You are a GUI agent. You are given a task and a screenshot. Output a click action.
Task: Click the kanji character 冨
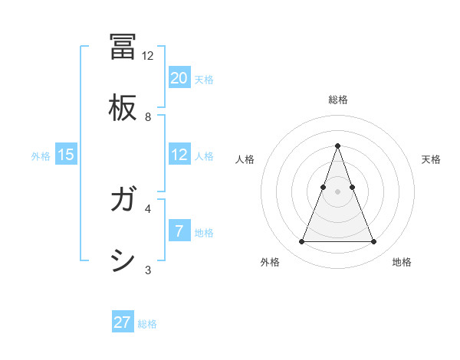pos(123,47)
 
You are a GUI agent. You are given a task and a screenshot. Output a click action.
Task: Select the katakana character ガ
pos(123,201)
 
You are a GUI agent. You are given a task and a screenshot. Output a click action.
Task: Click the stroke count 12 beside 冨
pos(148,56)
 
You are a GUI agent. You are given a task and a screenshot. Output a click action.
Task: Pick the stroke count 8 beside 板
pos(148,117)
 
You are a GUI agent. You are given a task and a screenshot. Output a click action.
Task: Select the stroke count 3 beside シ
pos(148,270)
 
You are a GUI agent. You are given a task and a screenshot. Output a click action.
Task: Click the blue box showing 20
pos(179,78)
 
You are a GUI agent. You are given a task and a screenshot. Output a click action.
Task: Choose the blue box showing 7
pos(179,231)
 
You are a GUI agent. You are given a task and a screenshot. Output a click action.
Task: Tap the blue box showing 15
pos(66,155)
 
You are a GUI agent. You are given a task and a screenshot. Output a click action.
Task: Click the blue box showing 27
pos(123,322)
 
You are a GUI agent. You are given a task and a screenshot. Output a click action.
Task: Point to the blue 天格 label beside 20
pos(204,80)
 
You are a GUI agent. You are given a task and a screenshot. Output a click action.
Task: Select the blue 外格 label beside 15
pos(41,156)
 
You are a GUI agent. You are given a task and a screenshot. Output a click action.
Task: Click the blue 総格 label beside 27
pos(147,324)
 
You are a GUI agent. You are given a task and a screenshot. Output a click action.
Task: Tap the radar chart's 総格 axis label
pos(337,100)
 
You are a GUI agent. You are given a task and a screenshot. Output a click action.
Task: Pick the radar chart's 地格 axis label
pos(402,262)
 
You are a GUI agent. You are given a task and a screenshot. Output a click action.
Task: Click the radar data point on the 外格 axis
pos(301,242)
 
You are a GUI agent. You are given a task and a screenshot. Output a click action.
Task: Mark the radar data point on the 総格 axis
pos(337,146)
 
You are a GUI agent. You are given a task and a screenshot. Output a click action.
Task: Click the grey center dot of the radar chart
pos(337,191)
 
